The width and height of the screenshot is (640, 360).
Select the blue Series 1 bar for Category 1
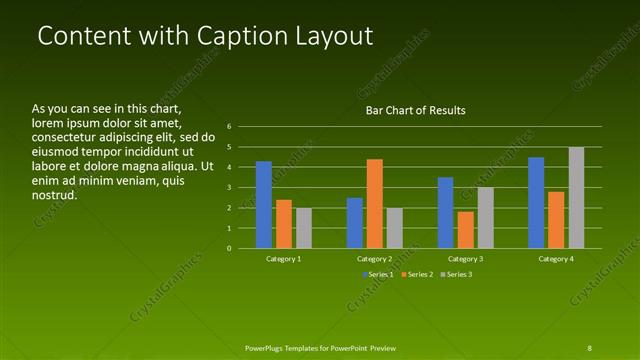tap(264, 204)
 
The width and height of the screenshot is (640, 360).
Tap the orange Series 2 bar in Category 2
tap(374, 203)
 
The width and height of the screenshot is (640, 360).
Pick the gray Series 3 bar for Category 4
tap(576, 197)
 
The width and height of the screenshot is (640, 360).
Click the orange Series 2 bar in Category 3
tap(465, 229)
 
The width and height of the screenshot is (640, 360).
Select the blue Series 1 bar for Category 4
tap(536, 202)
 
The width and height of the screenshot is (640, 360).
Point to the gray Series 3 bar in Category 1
tap(303, 228)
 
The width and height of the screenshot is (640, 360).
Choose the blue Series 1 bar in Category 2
tap(354, 222)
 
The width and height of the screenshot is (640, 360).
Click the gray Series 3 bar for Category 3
tap(485, 217)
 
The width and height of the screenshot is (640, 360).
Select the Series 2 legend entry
tap(418, 274)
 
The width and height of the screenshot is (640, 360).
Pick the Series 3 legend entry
tap(456, 274)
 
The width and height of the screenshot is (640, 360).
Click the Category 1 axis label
tap(284, 258)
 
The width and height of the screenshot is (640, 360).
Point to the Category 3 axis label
tap(465, 258)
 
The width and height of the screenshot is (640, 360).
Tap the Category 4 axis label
tap(556, 258)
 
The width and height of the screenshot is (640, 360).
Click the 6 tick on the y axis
tap(229, 127)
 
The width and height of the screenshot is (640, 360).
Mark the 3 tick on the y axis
tap(229, 187)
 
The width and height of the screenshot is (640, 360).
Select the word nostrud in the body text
tap(54, 195)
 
